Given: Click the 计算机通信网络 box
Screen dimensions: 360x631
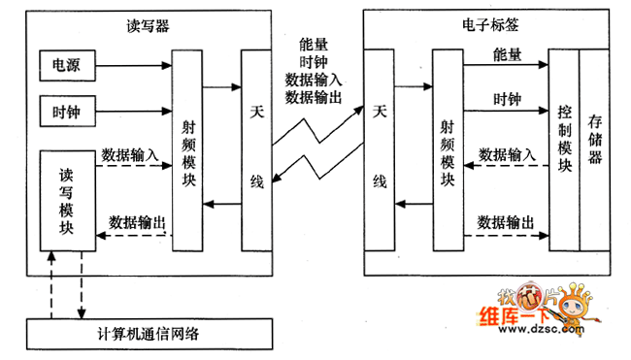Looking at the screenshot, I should point(155,334).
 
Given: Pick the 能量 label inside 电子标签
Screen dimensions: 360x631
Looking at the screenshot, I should point(507,53).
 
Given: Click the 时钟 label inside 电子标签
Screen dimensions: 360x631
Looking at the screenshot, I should point(507,98).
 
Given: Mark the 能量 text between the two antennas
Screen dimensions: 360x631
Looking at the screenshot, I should point(314,44).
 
